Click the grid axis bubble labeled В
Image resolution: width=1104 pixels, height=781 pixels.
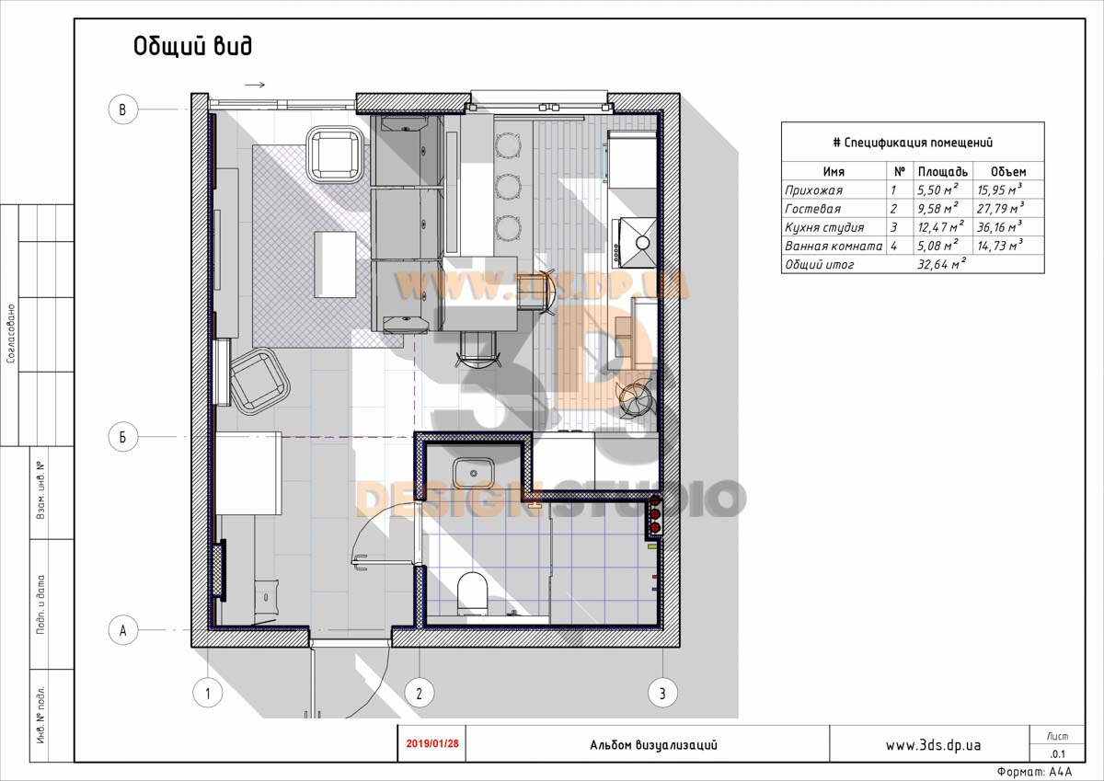click(122, 109)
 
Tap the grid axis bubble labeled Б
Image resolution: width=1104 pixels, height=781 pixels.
click(122, 437)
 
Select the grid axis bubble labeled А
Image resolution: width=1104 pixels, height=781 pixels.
click(122, 630)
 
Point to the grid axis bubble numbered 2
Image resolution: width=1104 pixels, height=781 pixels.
click(420, 694)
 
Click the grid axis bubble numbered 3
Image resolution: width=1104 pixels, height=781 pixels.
click(662, 694)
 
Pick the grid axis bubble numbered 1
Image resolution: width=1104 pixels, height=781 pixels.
click(208, 694)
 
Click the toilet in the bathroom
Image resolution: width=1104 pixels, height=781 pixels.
click(473, 592)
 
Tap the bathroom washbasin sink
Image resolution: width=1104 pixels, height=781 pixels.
click(474, 473)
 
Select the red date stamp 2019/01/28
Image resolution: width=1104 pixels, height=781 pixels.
click(432, 743)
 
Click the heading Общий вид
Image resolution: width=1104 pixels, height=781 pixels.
click(192, 46)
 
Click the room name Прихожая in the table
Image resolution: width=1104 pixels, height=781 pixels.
click(813, 190)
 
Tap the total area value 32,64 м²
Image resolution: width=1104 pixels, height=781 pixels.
click(941, 264)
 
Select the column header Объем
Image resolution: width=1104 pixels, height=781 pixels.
click(1008, 171)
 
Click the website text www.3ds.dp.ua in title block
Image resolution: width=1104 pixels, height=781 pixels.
click(933, 745)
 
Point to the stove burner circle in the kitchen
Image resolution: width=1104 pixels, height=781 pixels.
click(643, 243)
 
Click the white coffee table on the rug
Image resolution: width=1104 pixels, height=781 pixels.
click(335, 264)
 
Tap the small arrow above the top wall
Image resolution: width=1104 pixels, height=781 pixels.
click(255, 85)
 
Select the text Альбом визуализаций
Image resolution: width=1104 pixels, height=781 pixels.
click(653, 745)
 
